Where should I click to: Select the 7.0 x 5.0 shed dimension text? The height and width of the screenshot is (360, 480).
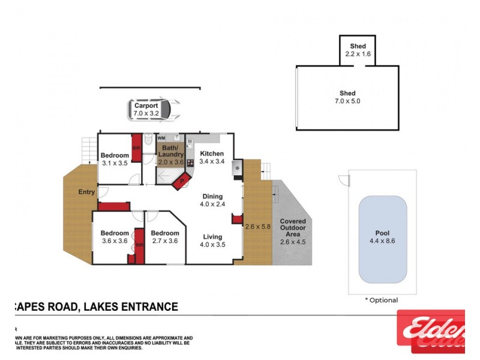pos(348,101)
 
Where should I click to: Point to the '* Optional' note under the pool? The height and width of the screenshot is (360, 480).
pos(381,300)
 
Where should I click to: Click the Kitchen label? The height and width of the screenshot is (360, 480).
pos(212,153)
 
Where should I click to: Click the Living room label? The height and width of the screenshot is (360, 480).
pos(212,236)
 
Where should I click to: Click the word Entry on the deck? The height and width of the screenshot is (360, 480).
pos(86,192)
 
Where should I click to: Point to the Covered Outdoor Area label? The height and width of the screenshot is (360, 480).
pos(293,228)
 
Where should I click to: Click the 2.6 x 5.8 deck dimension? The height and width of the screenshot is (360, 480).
pos(258,227)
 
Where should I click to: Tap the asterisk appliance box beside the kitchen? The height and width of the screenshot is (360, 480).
pos(237,169)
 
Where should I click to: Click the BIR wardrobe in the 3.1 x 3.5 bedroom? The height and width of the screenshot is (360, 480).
pos(136,151)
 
